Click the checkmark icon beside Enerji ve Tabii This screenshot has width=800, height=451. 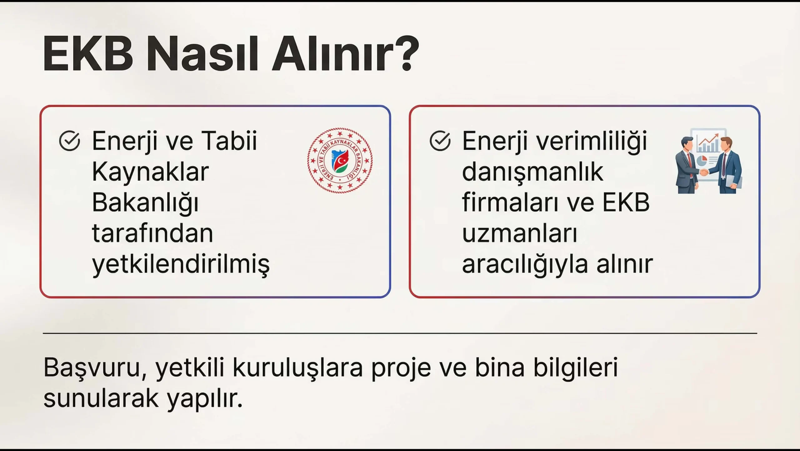pos(69,141)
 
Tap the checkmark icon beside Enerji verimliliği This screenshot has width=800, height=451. pos(440,141)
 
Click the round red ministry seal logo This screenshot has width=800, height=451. pos(340,160)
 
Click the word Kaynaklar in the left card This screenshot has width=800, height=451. pos(150,172)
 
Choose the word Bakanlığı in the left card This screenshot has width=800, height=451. pos(145,203)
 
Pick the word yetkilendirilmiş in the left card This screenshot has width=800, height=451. pos(181,265)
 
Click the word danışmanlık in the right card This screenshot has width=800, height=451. pos(532,172)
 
